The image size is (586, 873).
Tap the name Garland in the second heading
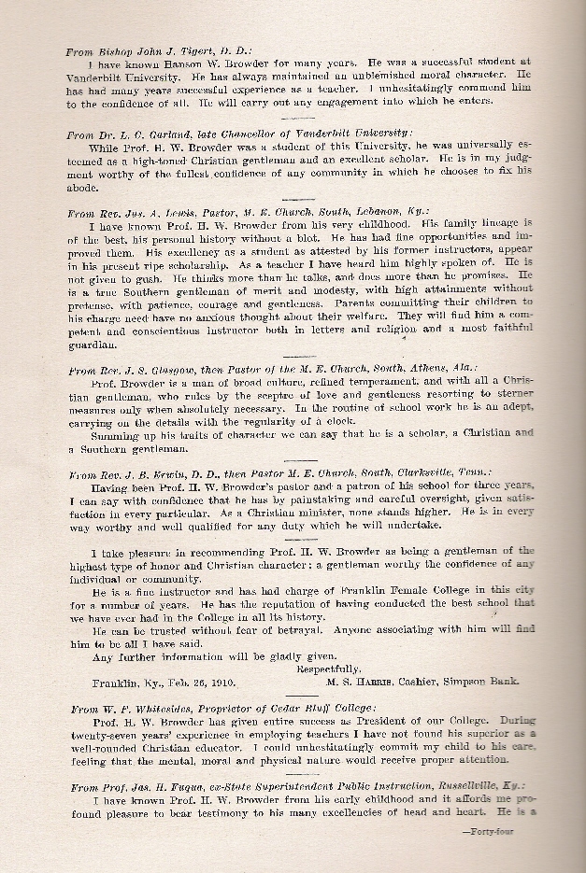[154, 134]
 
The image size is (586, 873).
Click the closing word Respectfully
[328, 669]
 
